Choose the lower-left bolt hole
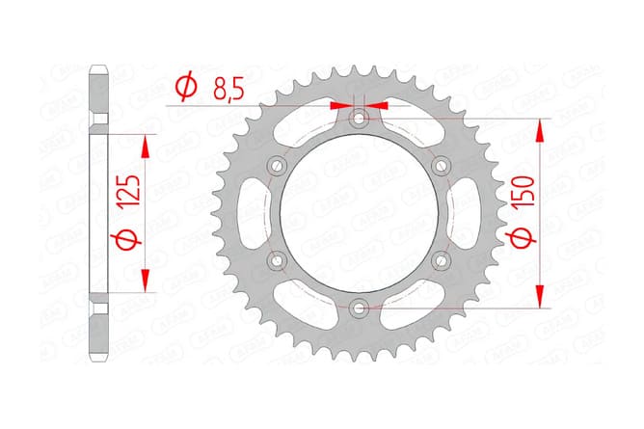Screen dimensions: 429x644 [278, 260]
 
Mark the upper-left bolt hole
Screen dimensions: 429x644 [278, 165]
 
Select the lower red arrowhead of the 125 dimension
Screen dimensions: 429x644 [146, 281]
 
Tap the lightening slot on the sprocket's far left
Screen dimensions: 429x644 [248, 213]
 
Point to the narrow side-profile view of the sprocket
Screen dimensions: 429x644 [98, 213]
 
